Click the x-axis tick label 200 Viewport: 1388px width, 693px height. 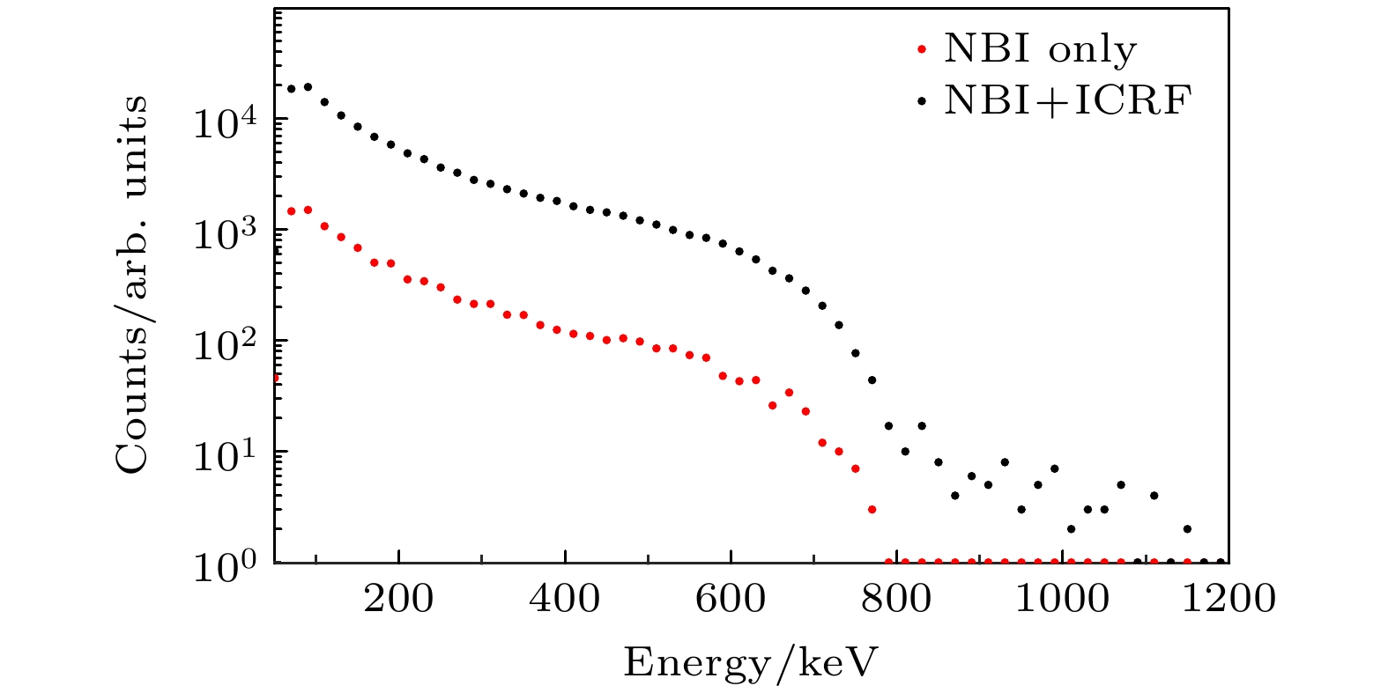coord(398,600)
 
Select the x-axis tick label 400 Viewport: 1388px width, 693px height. coord(565,600)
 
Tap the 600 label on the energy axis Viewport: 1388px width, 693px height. coord(731,600)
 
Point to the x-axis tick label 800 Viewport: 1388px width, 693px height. coord(896,600)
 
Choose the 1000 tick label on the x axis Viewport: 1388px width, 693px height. coord(1062,600)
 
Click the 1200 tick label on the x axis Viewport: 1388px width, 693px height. coord(1228,600)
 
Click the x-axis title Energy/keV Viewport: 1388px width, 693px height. coord(751,663)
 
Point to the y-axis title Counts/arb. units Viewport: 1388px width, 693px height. coord(131,284)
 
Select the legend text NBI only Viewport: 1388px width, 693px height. coord(1040,50)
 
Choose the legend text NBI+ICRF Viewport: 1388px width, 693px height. coord(1067,100)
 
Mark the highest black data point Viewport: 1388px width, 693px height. coord(308,86)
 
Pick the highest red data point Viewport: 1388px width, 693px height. coord(308,210)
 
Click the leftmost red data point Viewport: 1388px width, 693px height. coord(276,377)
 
